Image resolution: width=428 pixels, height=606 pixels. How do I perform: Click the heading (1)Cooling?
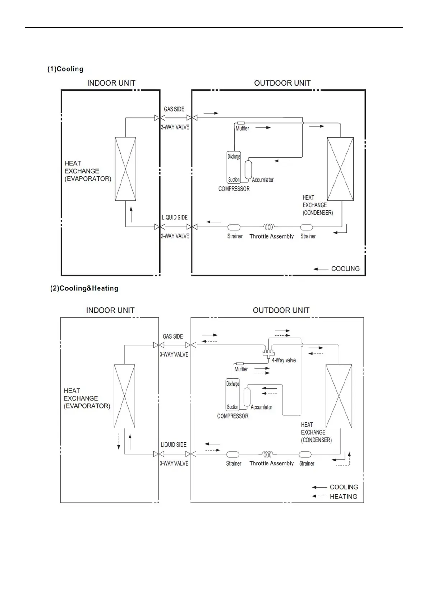65,69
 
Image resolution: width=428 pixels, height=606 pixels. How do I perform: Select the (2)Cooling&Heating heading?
84,288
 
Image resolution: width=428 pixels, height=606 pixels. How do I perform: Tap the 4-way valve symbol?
268,353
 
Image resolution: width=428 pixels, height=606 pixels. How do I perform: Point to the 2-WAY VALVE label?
175,236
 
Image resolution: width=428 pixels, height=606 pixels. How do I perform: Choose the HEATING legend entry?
343,496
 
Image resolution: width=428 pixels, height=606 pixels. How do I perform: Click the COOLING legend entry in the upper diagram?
345,268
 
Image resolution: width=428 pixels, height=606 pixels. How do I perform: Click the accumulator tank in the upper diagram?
248,169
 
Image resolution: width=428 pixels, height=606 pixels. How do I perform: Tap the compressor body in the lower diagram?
233,395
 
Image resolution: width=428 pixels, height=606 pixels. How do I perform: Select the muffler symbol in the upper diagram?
241,123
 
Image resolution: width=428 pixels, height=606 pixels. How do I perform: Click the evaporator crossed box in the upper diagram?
125,169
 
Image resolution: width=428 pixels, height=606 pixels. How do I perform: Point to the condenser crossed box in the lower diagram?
339,396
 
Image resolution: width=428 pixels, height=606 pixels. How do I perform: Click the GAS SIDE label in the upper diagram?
174,109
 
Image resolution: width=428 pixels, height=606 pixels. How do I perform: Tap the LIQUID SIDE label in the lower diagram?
174,444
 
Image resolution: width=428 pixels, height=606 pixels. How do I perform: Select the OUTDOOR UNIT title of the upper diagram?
282,83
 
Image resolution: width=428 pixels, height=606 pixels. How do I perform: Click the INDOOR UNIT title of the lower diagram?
110,310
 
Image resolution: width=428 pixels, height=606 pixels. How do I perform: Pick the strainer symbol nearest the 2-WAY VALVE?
234,227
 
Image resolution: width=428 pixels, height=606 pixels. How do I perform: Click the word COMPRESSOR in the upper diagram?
234,189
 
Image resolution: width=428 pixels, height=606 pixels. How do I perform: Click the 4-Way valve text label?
284,360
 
